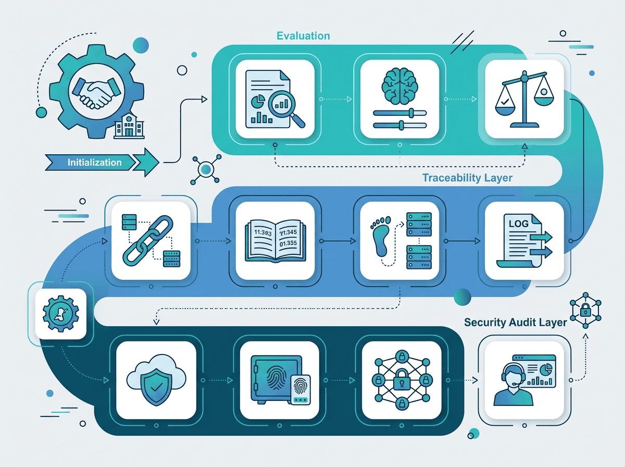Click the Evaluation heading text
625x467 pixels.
[x=303, y=36]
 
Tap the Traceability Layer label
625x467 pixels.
[x=467, y=178]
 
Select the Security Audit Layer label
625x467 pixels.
[x=516, y=322]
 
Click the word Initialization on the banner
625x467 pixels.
[x=95, y=163]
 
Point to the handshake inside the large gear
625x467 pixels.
[x=96, y=91]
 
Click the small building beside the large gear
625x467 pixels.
[x=129, y=126]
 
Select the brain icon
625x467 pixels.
[x=399, y=86]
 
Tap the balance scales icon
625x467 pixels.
[x=524, y=99]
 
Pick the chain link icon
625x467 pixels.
[x=148, y=240]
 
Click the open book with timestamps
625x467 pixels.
[x=276, y=241]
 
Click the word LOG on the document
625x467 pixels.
[x=518, y=224]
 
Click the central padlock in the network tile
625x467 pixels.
[x=402, y=379]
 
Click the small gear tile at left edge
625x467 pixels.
[x=60, y=314]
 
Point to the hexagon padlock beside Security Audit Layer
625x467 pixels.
[x=585, y=310]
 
